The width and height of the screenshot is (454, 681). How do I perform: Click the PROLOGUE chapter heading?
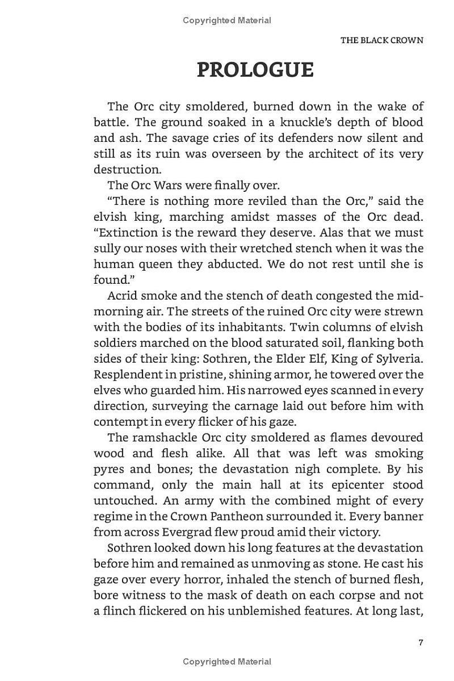click(x=255, y=70)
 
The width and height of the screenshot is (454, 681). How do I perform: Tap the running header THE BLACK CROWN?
click(x=381, y=40)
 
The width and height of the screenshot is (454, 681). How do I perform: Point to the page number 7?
click(x=421, y=642)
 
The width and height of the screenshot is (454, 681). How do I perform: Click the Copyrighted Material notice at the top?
click(x=227, y=20)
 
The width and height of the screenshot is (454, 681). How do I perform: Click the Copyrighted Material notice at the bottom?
click(x=227, y=662)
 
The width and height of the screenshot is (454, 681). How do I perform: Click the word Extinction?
click(x=123, y=233)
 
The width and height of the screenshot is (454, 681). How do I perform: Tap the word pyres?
click(x=107, y=469)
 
